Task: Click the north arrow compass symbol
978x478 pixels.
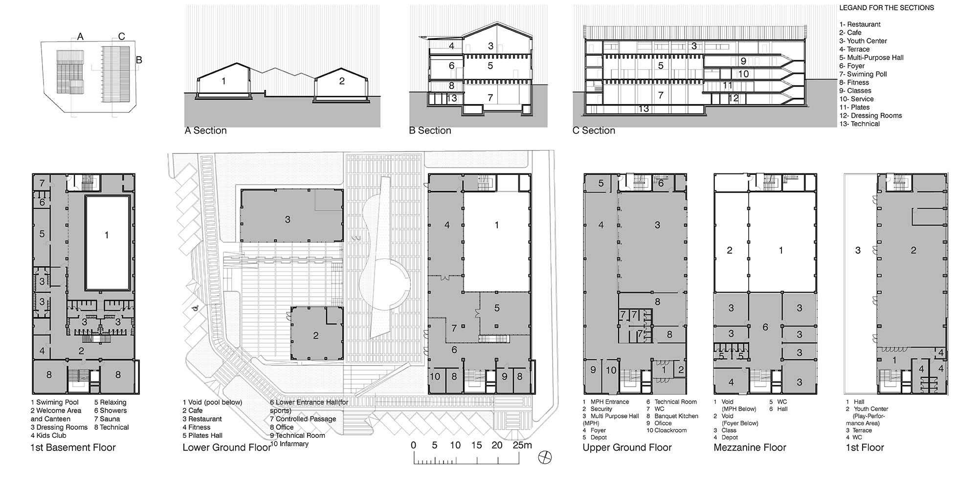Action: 545,457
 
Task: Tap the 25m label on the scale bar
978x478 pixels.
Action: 522,445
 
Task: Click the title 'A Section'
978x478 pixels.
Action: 206,130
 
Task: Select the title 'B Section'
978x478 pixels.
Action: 430,130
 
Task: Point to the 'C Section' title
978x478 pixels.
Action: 594,130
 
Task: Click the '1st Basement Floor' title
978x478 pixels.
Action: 73,447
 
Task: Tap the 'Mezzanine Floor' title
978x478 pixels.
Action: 750,447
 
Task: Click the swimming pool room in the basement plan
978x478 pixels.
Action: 108,243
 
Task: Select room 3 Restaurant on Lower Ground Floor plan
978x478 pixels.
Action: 291,216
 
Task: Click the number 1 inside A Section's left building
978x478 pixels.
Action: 223,81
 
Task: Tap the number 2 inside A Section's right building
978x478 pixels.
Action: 342,81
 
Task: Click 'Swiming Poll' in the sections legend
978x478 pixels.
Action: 863,74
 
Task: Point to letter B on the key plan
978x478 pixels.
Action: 139,60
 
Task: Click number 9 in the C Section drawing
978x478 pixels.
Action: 743,61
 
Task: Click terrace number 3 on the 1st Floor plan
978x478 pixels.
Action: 858,250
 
